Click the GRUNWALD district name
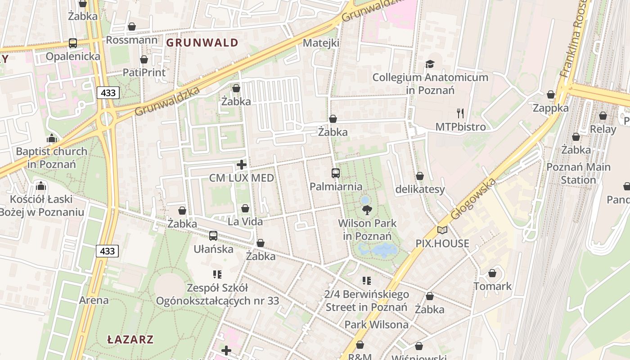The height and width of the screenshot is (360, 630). pyautogui.click(x=202, y=43)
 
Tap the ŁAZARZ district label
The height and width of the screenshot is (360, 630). pyautogui.click(x=130, y=339)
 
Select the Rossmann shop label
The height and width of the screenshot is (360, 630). pyautogui.click(x=131, y=40)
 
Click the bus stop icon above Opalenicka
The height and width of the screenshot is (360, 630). pyautogui.click(x=73, y=43)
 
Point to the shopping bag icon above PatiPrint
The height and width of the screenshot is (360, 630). pyautogui.click(x=144, y=59)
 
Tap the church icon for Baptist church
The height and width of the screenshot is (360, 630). pyautogui.click(x=52, y=138)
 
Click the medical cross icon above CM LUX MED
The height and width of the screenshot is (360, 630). pyautogui.click(x=242, y=165)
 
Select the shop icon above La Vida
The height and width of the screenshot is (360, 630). pyautogui.click(x=245, y=208)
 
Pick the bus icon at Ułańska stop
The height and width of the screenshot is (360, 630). pyautogui.click(x=213, y=236)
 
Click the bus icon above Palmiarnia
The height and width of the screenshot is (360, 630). pyautogui.click(x=336, y=173)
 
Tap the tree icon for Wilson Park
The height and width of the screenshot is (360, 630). pyautogui.click(x=367, y=210)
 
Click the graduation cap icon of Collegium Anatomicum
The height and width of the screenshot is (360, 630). pyautogui.click(x=430, y=64)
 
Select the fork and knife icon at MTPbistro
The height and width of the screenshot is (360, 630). pyautogui.click(x=460, y=113)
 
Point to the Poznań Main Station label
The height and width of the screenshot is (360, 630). pyautogui.click(x=578, y=173)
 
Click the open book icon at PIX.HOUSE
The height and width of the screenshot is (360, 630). pyautogui.click(x=442, y=230)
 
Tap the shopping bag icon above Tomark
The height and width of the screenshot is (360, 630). pyautogui.click(x=492, y=273)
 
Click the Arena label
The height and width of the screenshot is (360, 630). pyautogui.click(x=94, y=300)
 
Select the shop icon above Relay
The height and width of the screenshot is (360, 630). pyautogui.click(x=603, y=116)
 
